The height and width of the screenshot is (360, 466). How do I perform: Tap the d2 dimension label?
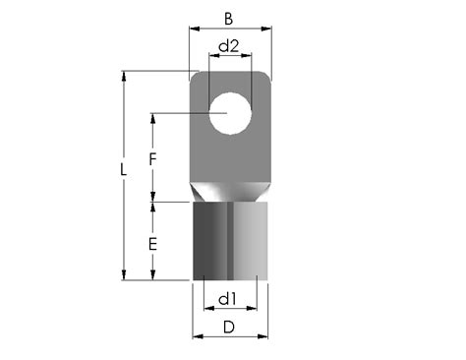pos(228,46)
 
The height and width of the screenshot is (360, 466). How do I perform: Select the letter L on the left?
pos(122,169)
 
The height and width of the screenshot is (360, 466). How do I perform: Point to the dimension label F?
pos(151,157)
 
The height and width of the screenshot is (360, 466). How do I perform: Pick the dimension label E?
pos(151,242)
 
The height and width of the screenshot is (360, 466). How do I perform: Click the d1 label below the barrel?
pos(227,298)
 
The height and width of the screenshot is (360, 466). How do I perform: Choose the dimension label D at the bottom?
pos(229,326)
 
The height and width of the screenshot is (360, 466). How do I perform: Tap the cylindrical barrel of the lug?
pos(230,241)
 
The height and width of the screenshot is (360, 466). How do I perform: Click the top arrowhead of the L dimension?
pos(123,75)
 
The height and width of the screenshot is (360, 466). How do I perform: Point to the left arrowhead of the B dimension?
pos(194,30)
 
